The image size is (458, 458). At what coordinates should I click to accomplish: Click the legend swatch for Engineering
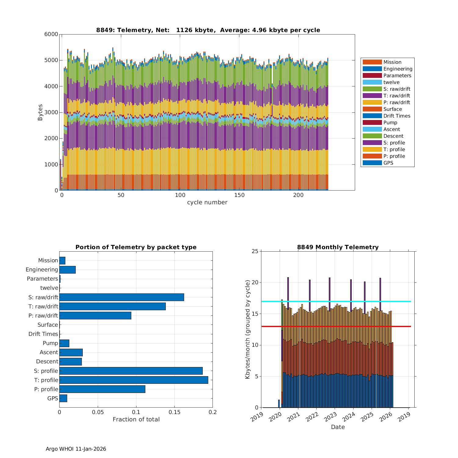coord(372,69)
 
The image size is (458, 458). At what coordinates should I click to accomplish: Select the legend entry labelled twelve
coord(391,82)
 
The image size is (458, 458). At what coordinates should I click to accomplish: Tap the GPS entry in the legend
coord(388,163)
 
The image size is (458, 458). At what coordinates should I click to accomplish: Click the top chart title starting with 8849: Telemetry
coord(208,30)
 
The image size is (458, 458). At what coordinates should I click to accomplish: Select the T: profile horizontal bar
coord(134,380)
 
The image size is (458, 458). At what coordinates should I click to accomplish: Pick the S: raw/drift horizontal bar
coord(122,297)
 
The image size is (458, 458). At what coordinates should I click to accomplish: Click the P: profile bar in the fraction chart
coord(102,389)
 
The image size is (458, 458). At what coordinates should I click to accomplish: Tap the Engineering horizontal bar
coord(67,270)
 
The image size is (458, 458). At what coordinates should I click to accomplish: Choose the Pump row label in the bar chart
coord(50,343)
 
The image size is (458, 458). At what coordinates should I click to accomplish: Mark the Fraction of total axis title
coord(136,420)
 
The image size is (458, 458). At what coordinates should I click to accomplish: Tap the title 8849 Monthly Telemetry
coord(338,247)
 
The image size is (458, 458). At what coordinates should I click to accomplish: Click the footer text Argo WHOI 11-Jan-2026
coord(76,449)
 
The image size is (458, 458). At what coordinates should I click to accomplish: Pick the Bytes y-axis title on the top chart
coord(40,112)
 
